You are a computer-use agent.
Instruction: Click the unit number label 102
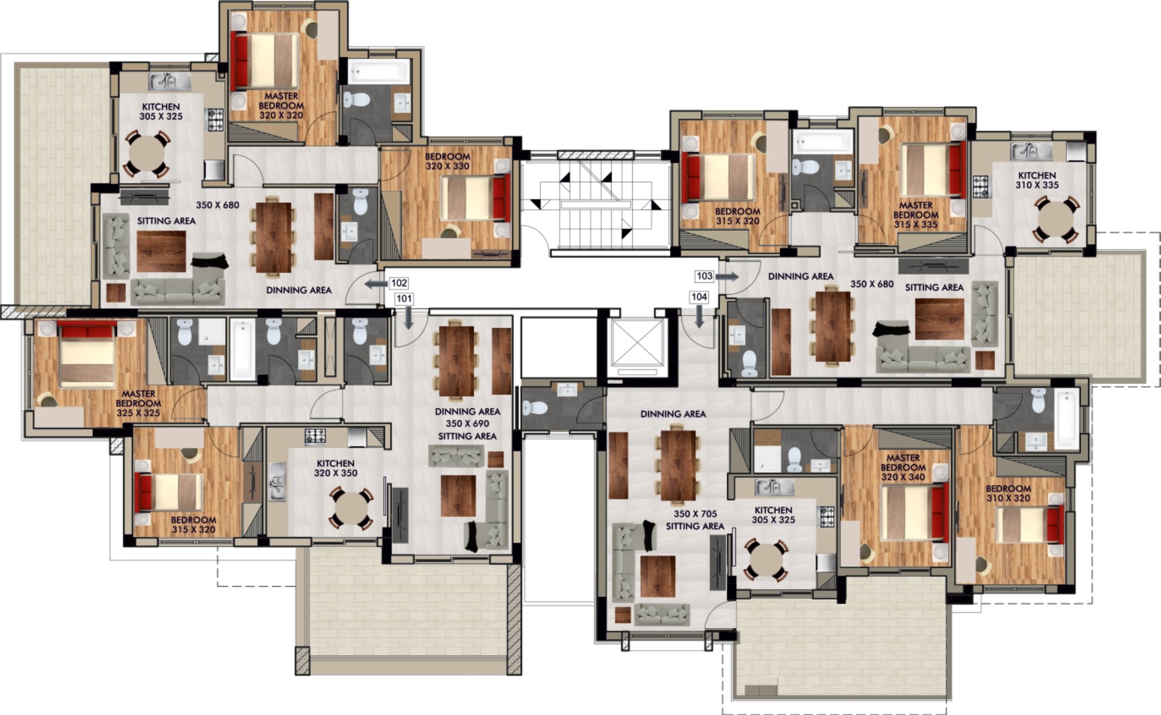click(x=399, y=283)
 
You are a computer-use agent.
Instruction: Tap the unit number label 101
click(x=404, y=299)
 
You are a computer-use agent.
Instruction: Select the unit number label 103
click(x=704, y=276)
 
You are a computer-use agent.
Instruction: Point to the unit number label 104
click(x=699, y=296)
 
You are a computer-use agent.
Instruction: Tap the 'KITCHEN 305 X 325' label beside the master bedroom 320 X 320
click(x=161, y=111)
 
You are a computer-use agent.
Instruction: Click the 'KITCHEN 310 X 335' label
click(x=1037, y=180)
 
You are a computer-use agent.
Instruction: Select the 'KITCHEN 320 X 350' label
click(x=336, y=468)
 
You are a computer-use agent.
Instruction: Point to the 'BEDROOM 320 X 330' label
click(x=448, y=161)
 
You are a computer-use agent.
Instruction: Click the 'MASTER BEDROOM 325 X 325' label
click(x=138, y=403)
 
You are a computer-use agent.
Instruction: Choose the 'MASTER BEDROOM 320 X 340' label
click(x=903, y=467)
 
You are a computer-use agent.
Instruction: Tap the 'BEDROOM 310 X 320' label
click(x=1009, y=493)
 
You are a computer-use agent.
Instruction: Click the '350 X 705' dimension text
click(x=695, y=514)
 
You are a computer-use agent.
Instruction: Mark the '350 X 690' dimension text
click(x=468, y=423)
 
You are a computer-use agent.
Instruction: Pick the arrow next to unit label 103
click(x=727, y=277)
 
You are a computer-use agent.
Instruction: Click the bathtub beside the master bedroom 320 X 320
click(x=379, y=71)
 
